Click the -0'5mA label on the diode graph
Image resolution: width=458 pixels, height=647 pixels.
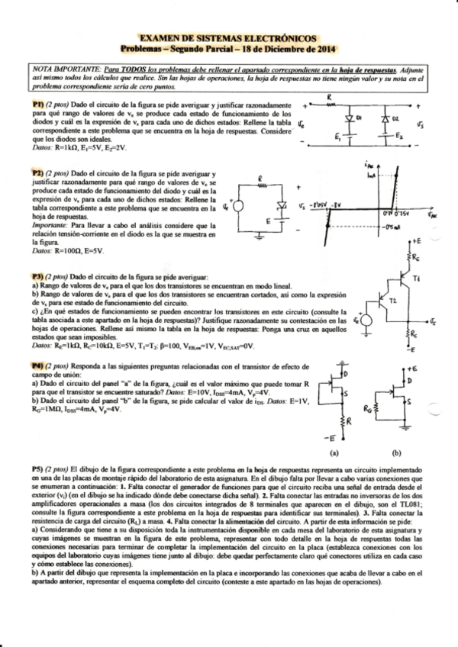pos(392,225)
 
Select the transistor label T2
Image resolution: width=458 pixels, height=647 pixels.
pos(393,301)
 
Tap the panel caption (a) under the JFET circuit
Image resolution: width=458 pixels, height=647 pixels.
pos(334,452)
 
